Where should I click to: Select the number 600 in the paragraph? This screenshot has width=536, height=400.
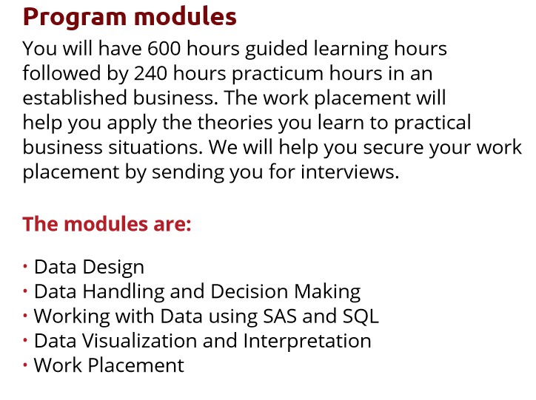[164, 49]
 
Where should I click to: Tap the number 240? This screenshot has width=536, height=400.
[151, 73]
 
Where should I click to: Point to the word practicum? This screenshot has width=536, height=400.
[278, 74]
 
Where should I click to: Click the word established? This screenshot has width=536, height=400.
[75, 98]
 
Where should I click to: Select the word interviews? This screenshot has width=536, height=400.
[349, 172]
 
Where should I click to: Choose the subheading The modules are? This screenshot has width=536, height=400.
[107, 224]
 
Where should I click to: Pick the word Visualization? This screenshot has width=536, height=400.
[139, 341]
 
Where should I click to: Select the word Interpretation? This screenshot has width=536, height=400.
[307, 342]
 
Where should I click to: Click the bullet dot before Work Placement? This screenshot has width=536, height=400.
[25, 365]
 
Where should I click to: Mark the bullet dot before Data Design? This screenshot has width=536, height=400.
[25, 266]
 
